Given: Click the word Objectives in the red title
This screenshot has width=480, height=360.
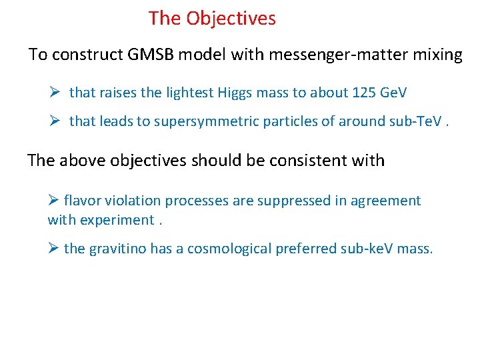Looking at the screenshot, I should click(x=231, y=19).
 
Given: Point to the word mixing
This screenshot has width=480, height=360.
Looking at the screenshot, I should click(x=436, y=55).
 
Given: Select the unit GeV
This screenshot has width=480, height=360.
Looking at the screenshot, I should click(x=393, y=93).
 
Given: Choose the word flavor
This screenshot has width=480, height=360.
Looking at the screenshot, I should click(x=83, y=201).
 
